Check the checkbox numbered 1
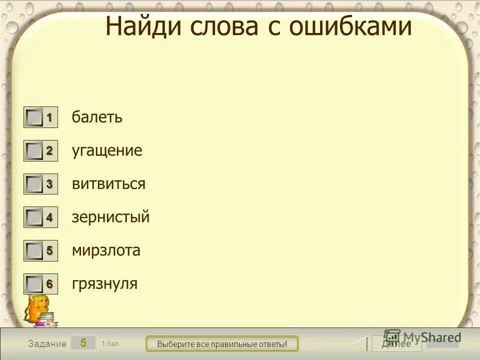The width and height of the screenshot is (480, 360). (34, 118)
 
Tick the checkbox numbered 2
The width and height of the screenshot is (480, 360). (34, 151)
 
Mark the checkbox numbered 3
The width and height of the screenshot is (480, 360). (34, 184)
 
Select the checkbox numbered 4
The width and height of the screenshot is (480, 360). (34, 217)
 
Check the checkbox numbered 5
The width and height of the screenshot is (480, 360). (34, 250)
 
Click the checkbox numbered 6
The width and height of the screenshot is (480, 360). (34, 284)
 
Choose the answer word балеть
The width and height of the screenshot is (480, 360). (97, 117)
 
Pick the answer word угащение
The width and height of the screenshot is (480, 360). (107, 151)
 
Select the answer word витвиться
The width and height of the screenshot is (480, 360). (108, 184)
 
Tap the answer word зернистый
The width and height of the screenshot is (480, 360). (110, 217)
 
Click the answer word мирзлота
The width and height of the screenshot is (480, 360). (106, 250)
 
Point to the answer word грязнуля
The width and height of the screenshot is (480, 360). (104, 284)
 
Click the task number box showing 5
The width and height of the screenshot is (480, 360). (83, 343)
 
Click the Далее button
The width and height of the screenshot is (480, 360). (396, 343)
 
